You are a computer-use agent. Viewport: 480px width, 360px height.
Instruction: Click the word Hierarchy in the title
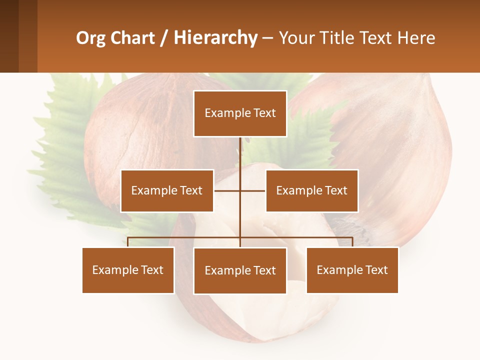pyautogui.click(x=215, y=38)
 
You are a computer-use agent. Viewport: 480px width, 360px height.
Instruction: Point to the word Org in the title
pyautogui.click(x=91, y=38)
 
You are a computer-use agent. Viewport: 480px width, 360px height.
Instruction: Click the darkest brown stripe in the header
pyautogui.click(x=9, y=36)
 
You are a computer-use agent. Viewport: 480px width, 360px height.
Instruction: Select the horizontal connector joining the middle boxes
pyautogui.click(x=240, y=190)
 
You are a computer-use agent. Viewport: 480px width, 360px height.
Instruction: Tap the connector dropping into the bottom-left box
pyautogui.click(x=128, y=242)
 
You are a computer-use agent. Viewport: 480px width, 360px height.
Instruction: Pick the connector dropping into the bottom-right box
pyautogui.click(x=352, y=242)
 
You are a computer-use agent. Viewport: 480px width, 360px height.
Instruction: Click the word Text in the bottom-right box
pyautogui.click(x=376, y=270)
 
